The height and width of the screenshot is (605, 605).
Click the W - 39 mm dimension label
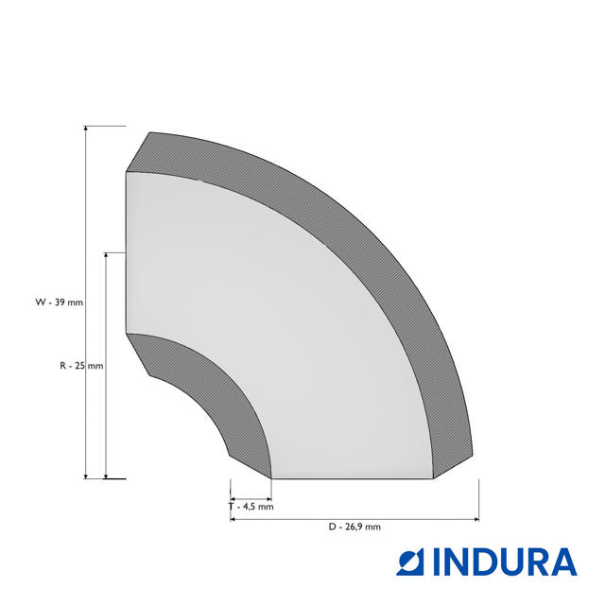point(59,302)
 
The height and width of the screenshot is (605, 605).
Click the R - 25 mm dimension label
point(81,366)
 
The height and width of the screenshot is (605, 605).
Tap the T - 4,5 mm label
point(251,507)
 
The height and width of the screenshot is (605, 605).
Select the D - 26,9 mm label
point(354,527)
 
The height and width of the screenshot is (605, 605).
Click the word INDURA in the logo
point(505,562)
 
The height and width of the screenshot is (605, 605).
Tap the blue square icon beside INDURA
point(410,562)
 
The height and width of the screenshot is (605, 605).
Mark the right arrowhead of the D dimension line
point(475,519)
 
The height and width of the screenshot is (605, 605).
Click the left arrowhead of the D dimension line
point(233,519)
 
